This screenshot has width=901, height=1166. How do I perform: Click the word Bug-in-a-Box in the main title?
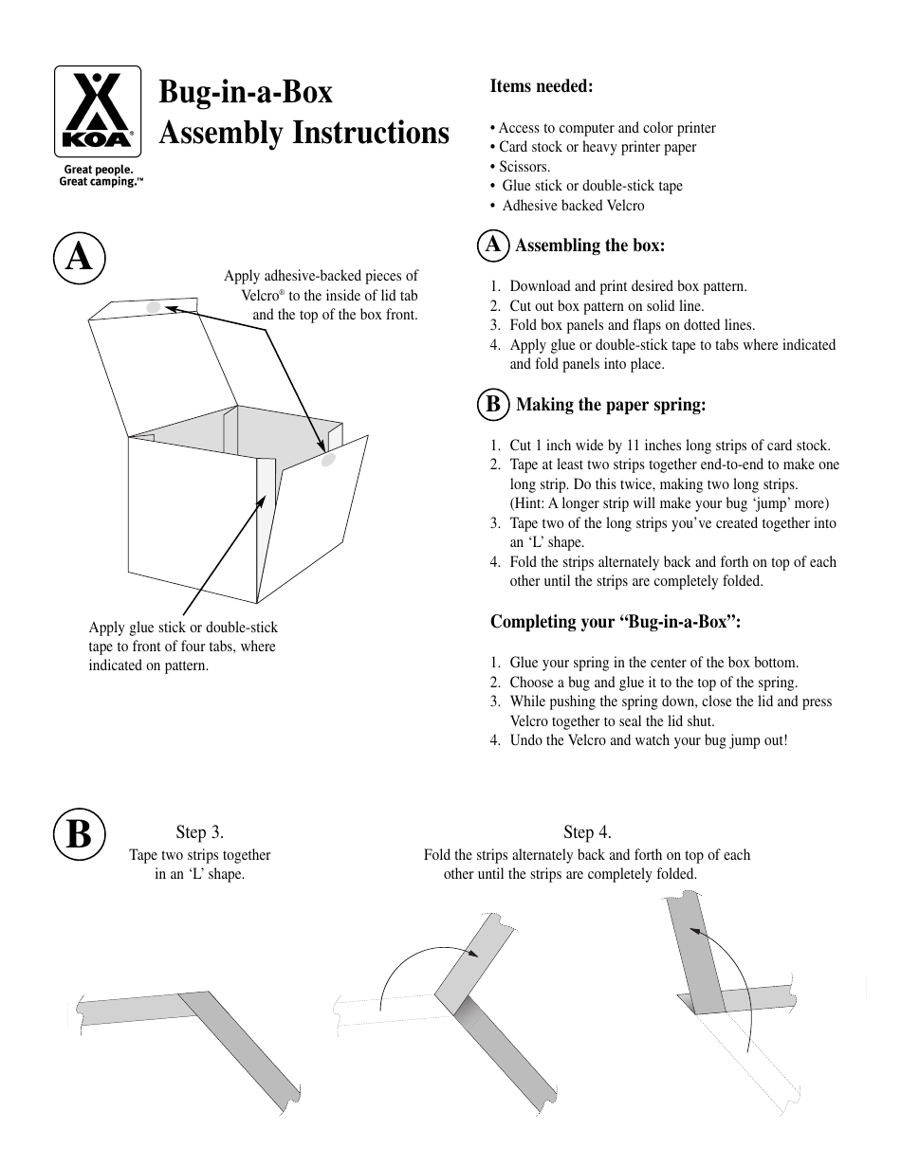(246, 92)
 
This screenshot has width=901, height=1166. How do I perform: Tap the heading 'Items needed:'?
(541, 86)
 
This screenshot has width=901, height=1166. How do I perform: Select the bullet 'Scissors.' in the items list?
(524, 166)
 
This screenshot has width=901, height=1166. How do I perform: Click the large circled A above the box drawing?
(79, 257)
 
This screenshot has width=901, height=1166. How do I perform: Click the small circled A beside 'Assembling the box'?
(492, 246)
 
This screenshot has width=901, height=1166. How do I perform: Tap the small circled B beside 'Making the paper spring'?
(492, 405)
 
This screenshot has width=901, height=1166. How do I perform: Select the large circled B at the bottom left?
(79, 835)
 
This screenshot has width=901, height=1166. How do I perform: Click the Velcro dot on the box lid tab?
(154, 307)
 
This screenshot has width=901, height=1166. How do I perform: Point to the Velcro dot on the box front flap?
(328, 461)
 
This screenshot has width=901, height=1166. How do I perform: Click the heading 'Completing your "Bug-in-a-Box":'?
(615, 622)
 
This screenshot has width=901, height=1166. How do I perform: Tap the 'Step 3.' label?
(199, 832)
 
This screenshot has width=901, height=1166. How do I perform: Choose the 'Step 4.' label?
(587, 832)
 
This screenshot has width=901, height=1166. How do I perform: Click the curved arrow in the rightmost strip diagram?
(736, 986)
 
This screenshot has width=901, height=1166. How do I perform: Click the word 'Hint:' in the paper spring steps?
(532, 503)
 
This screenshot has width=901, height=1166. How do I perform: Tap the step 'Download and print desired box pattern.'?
(628, 286)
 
